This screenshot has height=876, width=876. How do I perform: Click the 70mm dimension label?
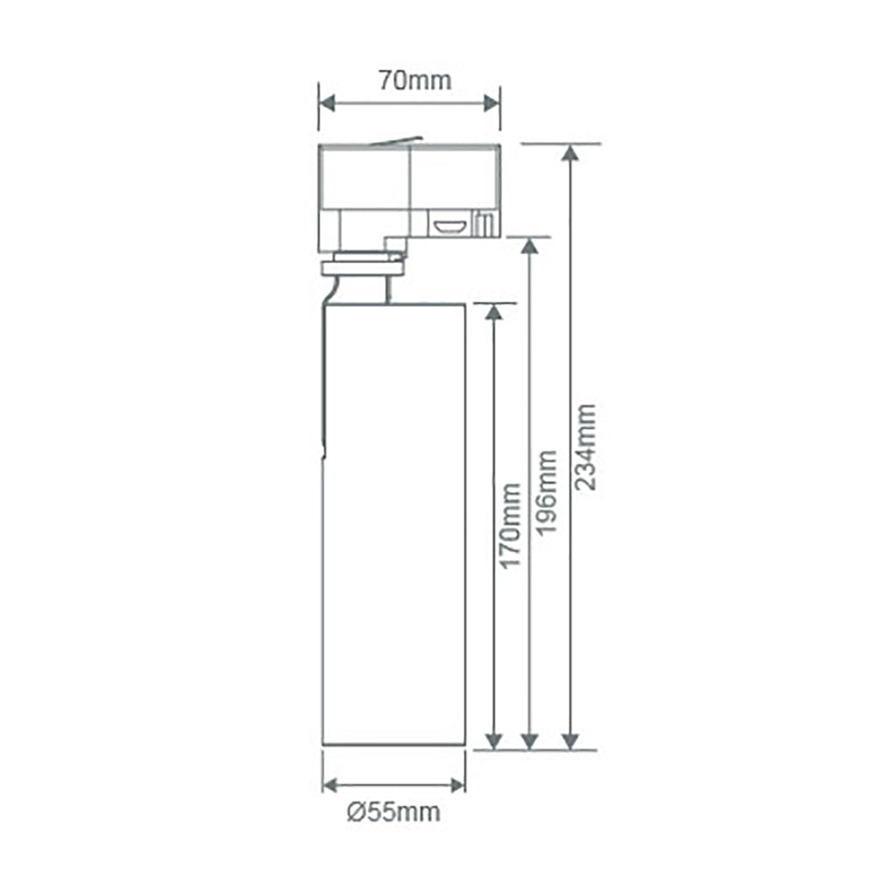(x=415, y=81)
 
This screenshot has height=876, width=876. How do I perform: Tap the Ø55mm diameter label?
(x=394, y=812)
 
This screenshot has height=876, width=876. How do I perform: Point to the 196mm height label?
(x=547, y=492)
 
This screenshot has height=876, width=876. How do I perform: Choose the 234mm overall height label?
(x=585, y=448)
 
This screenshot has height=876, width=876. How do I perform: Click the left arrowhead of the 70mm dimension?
(x=326, y=103)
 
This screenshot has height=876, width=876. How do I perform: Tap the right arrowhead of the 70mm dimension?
(x=492, y=103)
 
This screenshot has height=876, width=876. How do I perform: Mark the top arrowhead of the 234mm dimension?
(x=570, y=153)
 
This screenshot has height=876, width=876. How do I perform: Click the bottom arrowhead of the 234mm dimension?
(x=570, y=741)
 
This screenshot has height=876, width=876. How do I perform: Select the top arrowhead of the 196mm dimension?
(x=530, y=246)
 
